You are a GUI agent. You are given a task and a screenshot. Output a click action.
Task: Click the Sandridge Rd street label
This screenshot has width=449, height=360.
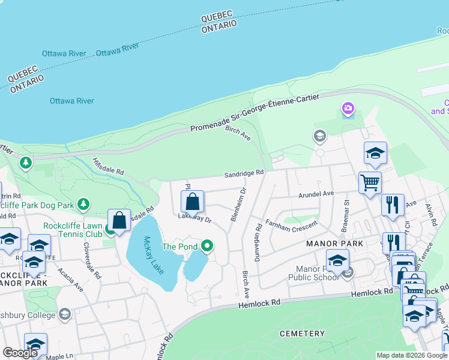[244, 174]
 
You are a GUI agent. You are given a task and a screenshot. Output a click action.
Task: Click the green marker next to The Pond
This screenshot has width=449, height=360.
[207, 245]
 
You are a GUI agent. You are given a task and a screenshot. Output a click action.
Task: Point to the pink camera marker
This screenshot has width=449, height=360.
[348, 109]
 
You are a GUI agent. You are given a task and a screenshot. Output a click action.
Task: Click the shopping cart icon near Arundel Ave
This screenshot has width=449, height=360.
[370, 182]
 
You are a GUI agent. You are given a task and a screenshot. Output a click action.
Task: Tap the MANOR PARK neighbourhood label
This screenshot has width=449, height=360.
[335, 244]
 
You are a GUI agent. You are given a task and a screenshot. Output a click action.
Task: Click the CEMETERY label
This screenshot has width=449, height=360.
[302, 333]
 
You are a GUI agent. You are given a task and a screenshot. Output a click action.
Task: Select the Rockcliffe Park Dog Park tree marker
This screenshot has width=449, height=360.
[83, 205]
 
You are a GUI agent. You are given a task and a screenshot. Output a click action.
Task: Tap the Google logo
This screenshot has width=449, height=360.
[20, 353]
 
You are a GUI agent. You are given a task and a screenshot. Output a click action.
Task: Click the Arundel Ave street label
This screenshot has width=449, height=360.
[316, 194]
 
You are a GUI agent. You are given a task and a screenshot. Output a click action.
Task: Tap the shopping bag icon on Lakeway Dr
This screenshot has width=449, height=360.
[192, 202]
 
